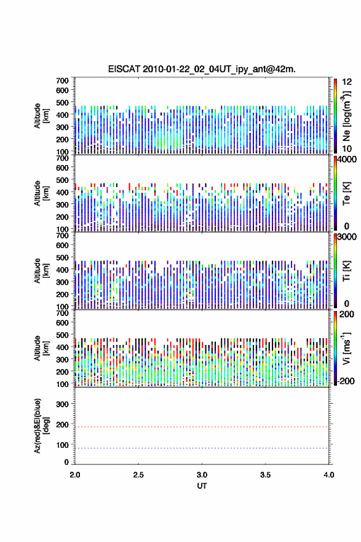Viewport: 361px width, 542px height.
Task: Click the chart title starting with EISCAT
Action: (x=202, y=69)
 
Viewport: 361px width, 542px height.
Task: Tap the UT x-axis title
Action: (x=202, y=486)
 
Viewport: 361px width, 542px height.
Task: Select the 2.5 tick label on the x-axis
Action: (x=138, y=475)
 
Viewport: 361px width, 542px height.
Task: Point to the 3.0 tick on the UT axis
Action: (x=202, y=475)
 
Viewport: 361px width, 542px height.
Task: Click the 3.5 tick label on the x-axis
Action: (x=266, y=475)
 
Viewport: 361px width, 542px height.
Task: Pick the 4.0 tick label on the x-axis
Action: (x=329, y=475)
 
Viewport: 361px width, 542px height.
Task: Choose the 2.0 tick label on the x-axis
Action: (x=75, y=475)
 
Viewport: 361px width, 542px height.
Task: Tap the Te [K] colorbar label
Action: (x=346, y=193)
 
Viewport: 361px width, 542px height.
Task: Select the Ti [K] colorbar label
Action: (x=346, y=270)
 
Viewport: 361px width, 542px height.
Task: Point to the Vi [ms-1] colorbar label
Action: (x=346, y=348)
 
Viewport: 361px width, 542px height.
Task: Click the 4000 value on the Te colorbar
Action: (x=347, y=160)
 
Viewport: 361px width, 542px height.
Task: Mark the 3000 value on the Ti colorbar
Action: (x=347, y=237)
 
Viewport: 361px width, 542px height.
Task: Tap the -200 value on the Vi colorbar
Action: (x=345, y=381)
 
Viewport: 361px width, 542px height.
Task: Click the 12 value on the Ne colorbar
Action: (x=347, y=82)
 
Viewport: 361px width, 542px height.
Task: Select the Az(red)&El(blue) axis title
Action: (x=41, y=426)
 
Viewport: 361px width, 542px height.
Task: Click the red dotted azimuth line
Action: (x=202, y=427)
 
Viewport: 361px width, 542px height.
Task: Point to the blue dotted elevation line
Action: (x=202, y=448)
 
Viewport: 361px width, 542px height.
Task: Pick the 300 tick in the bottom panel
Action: (x=62, y=404)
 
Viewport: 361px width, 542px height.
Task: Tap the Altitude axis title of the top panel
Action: (x=41, y=116)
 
